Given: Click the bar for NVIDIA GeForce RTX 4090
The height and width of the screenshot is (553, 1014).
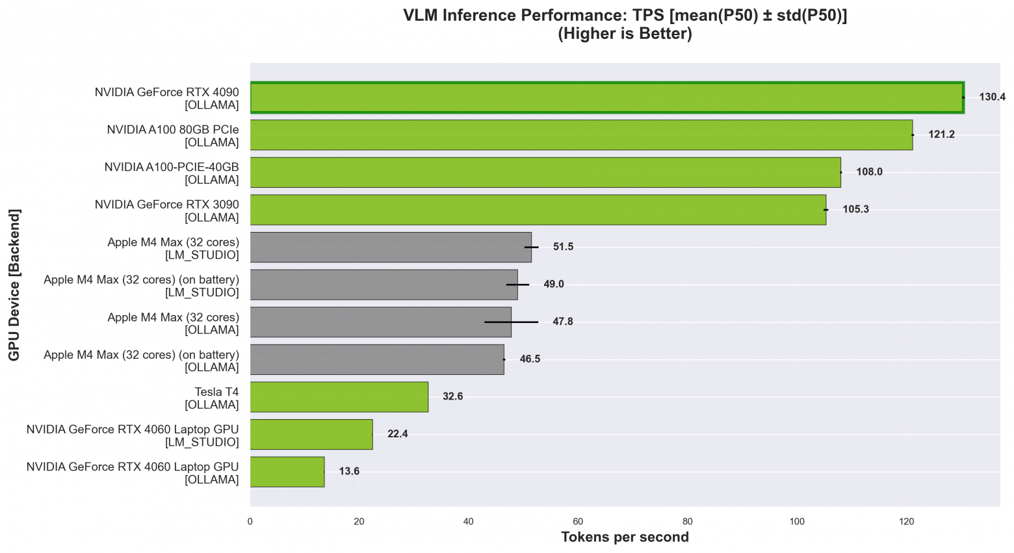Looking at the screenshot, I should [606, 97].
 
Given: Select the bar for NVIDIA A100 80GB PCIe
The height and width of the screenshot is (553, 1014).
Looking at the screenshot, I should [581, 135].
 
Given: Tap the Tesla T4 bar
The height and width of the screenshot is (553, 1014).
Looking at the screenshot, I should [339, 396].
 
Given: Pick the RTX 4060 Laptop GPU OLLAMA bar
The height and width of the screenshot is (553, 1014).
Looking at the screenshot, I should [287, 472].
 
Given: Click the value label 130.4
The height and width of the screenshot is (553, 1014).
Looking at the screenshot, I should [992, 97].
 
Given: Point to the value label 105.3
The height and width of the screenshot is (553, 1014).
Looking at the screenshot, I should [855, 209].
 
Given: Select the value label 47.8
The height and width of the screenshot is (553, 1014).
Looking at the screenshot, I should [562, 322].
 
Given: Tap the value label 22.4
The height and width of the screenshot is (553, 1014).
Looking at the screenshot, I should [397, 434].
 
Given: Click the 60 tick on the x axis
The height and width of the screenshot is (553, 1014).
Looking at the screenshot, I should [578, 521].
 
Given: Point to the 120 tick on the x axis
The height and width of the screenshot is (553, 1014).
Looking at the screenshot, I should [906, 521].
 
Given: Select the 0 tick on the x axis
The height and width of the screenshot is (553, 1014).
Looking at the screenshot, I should [250, 521].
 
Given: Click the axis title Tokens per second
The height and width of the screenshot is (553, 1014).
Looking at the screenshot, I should [625, 537].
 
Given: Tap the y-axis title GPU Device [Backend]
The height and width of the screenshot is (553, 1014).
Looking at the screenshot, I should [14, 285].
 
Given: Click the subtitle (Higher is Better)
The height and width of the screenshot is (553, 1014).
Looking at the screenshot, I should [625, 34].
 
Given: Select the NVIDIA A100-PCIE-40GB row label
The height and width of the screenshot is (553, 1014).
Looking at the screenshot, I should [172, 173].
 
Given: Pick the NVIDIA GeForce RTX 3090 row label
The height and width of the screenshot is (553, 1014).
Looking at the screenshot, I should [167, 211].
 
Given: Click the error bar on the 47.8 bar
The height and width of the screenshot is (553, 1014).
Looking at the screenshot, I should [511, 322].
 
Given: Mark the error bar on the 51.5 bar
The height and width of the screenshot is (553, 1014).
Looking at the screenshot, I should [532, 247].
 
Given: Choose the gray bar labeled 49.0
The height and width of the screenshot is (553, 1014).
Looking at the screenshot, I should [383, 285].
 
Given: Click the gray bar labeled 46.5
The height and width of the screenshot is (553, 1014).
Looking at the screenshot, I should [377, 359].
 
